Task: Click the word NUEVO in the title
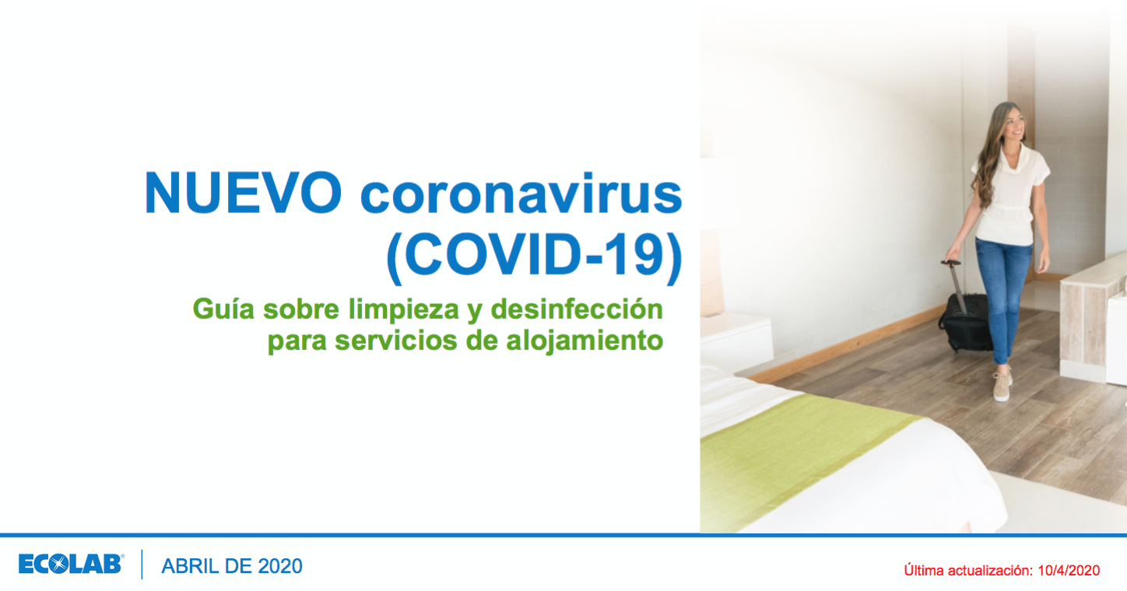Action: coord(243,193)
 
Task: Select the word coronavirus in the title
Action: coord(521,194)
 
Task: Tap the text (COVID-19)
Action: coord(535,256)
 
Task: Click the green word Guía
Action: coord(223,309)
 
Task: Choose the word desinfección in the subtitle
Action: coord(577,309)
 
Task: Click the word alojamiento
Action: coord(585,341)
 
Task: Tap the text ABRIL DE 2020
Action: coord(231,566)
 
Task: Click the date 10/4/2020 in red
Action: coord(1069,571)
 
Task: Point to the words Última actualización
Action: coord(968,571)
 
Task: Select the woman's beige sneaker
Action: coord(1001,386)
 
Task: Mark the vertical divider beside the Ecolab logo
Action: coord(142,565)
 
